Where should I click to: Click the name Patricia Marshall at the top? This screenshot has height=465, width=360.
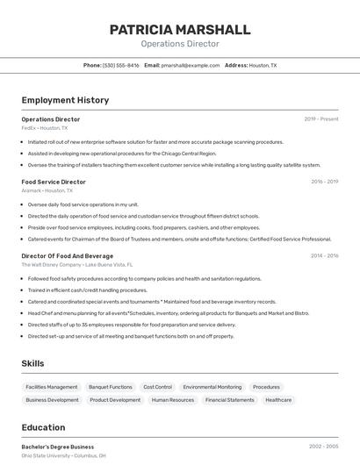coord(180,29)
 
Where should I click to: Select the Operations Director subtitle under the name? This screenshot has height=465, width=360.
coord(180,43)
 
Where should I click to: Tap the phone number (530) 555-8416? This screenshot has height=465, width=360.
coord(121,65)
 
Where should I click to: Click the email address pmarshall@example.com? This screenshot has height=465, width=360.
coord(191,65)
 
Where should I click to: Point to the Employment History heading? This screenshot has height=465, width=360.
coord(65,100)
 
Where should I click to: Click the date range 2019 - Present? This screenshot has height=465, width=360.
coord(321,118)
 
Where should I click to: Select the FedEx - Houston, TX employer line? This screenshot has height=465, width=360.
coord(46,127)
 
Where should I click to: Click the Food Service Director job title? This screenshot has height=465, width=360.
coord(54,182)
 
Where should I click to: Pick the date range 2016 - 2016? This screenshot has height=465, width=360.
coord(324,182)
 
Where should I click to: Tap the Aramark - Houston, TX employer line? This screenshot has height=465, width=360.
coord(47,190)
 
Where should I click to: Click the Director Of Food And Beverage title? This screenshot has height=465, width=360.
coord(68,255)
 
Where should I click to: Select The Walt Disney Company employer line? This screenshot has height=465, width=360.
coord(77,264)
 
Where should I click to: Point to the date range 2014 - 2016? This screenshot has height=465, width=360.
coord(324,255)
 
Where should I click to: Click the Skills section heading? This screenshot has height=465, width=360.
coord(33,363)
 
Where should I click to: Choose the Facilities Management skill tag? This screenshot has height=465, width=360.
coord(52,387)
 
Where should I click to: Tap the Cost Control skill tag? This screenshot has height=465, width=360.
coord(157,387)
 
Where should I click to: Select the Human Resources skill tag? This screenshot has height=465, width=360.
coord(173,400)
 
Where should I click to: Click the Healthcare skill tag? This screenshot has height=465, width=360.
coord(278,400)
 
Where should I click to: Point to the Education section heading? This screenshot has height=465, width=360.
coord(43,428)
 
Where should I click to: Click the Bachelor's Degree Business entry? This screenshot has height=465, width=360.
coord(58,447)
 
